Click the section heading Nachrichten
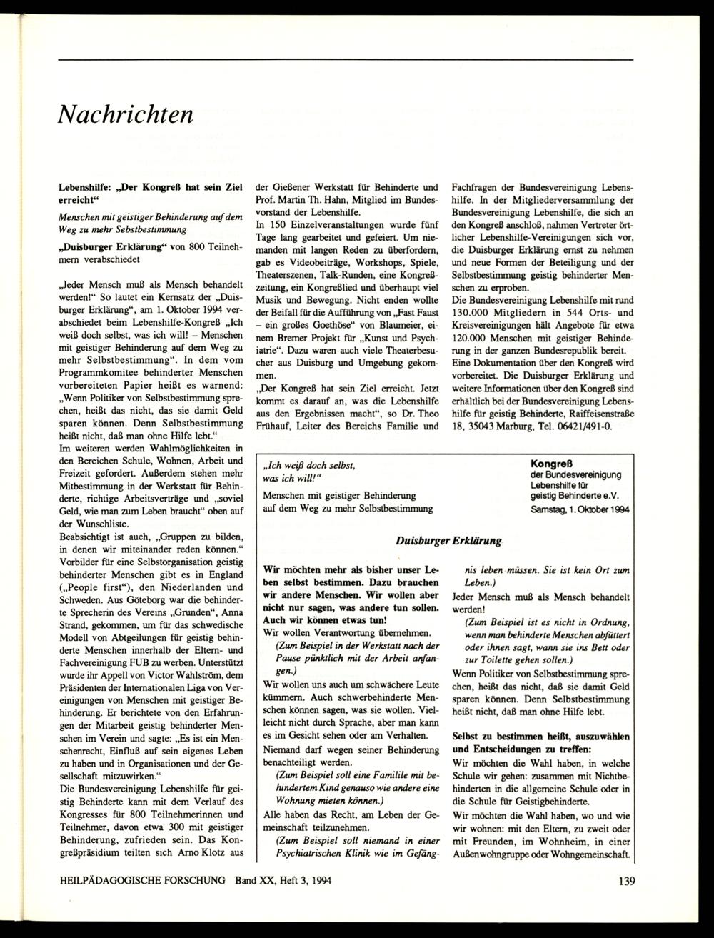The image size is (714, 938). pyautogui.click(x=126, y=113)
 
